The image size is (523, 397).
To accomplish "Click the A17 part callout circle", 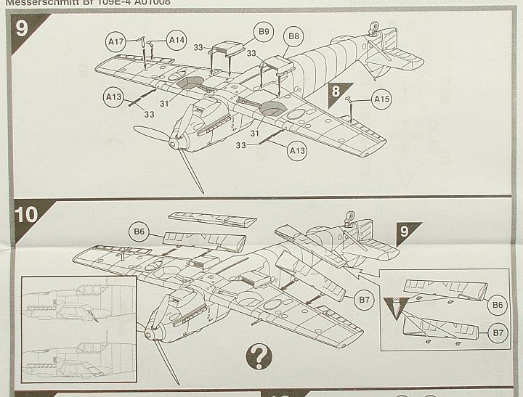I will point(115,43).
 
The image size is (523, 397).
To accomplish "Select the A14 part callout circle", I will point(177,40).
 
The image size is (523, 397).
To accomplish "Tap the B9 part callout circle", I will point(263,31).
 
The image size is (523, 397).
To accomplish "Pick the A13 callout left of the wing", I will point(113,97).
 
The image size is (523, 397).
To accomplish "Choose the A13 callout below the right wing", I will point(297,151).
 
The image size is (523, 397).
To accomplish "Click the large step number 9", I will point(23,30).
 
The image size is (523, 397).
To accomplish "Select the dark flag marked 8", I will point(337,93).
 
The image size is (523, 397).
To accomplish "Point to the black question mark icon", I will point(259,356).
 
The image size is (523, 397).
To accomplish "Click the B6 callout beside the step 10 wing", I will point(140,232).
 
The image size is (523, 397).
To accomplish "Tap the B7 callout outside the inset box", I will point(365,299).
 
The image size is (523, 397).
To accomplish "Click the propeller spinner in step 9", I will point(174,144).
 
